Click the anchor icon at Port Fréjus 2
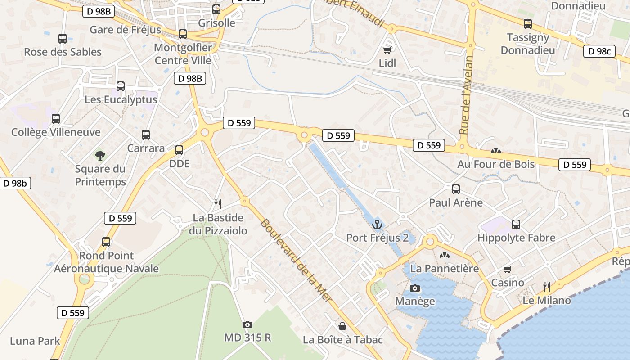(377, 224)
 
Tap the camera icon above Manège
(415, 288)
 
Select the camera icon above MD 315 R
(247, 324)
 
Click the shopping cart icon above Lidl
(387, 50)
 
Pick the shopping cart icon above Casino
(508, 269)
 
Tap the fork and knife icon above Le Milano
(547, 287)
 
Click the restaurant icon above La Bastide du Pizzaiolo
(218, 204)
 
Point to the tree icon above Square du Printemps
(100, 156)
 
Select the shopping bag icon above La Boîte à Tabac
(342, 326)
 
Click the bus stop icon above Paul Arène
(456, 189)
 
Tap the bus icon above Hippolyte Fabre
(516, 224)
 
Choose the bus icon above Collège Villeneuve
(56, 119)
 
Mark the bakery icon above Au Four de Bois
(496, 151)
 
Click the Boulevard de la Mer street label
(296, 260)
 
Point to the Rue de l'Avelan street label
(467, 95)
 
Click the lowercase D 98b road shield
(15, 183)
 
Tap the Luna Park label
(35, 341)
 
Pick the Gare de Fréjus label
(126, 30)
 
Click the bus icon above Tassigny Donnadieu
(528, 24)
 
